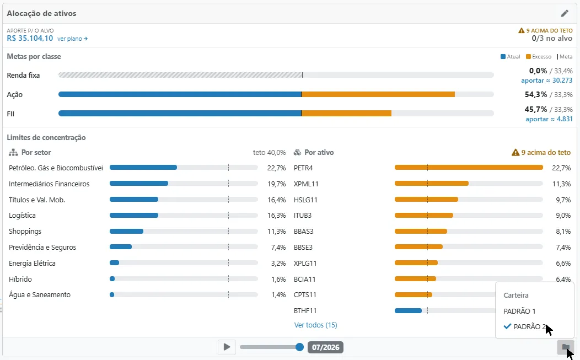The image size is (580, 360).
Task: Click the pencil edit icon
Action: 565,14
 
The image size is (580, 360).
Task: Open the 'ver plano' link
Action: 73,39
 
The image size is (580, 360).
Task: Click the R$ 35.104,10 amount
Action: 30,38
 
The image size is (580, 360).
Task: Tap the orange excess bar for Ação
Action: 378,94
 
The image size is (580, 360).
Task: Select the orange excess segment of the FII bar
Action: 347,113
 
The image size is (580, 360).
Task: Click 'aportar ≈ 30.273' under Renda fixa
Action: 547,80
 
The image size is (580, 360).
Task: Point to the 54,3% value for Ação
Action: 535,94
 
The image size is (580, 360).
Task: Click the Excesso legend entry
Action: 539,57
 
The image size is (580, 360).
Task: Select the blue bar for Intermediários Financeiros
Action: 139,184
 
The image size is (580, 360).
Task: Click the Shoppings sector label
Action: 25,231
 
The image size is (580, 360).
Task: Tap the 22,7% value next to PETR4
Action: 561,168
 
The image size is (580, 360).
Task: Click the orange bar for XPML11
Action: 432,184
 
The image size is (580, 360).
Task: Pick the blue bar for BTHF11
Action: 408,311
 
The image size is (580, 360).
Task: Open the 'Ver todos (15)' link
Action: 315,325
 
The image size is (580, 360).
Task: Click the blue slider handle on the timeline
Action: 299,347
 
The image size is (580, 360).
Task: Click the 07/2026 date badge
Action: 325,347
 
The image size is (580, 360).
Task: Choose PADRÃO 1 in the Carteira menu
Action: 519,311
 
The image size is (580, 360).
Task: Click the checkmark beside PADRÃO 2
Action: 507,326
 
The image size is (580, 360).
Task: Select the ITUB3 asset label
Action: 303,216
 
